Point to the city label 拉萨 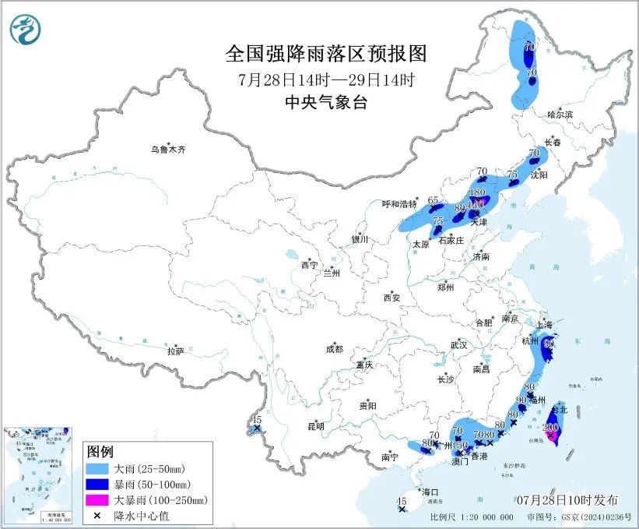click(175, 351)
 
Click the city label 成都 click(335, 350)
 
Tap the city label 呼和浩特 click(400, 203)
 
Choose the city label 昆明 click(315, 426)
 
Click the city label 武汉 click(458, 344)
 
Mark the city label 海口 click(431, 492)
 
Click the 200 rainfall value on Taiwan click(550, 427)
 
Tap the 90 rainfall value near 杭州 click(549, 343)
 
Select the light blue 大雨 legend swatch click(98, 469)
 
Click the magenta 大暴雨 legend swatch click(98, 499)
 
